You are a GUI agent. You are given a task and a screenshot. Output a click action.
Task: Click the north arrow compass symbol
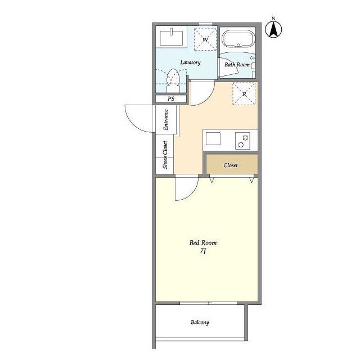tap(273, 29)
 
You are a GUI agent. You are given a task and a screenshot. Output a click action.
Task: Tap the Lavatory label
tap(190, 62)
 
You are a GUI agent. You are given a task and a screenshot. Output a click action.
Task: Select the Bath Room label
tap(237, 65)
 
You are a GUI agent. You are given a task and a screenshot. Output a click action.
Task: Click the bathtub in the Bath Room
tap(238, 39)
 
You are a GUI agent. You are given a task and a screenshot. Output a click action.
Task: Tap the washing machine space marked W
tap(205, 39)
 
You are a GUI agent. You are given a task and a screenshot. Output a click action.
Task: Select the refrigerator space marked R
tap(244, 94)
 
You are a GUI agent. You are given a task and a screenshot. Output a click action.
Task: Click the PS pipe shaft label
tap(171, 99)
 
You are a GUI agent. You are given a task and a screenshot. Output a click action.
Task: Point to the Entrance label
tap(166, 120)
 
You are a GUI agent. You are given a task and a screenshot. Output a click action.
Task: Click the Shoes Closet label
tap(165, 155)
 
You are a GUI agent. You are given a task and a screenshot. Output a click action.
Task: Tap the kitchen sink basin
tap(213, 139)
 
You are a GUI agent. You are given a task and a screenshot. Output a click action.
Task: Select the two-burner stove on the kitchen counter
tap(242, 141)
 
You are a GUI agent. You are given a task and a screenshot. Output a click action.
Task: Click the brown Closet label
tap(231, 165)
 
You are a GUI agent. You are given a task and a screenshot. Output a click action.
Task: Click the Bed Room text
tap(203, 243)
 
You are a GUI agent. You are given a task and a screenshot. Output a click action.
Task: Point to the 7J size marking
tap(202, 251)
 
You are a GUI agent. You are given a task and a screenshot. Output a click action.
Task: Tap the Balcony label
tap(200, 322)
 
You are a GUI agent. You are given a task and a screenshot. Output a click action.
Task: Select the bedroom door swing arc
tap(192, 194)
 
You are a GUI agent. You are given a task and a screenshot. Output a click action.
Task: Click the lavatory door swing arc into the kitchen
tap(208, 99)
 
